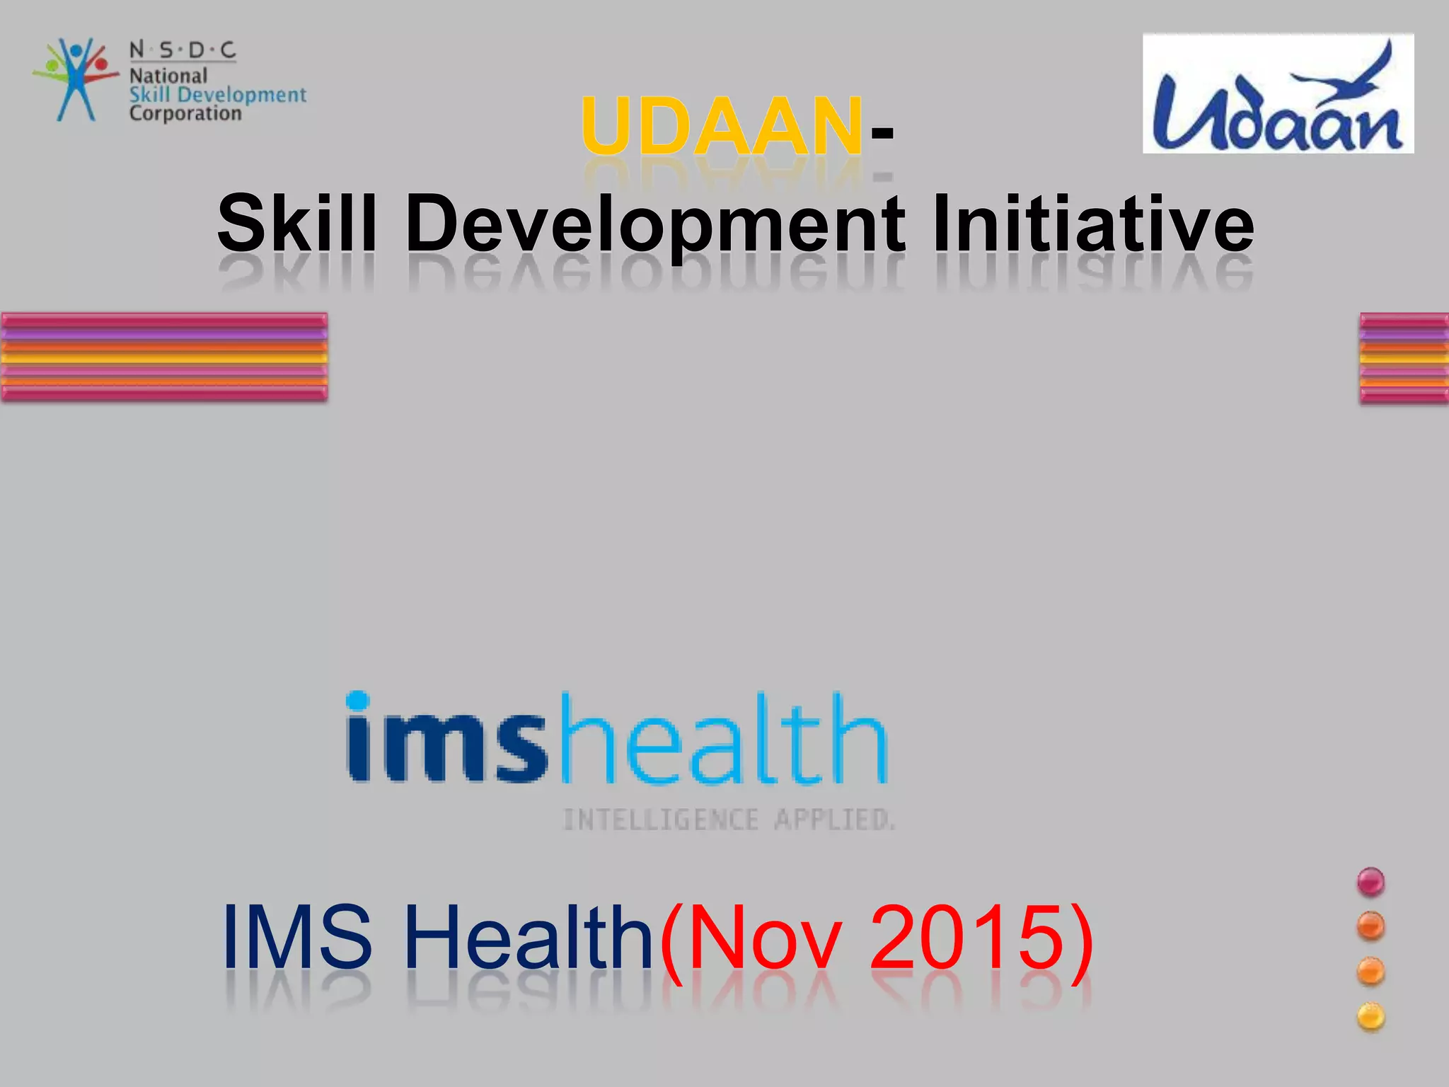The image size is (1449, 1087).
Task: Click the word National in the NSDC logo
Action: tap(168, 76)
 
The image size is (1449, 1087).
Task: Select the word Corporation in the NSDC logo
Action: tap(185, 113)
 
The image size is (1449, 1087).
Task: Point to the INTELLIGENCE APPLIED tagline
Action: tap(729, 820)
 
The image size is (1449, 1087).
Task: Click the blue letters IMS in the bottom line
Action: tap(297, 938)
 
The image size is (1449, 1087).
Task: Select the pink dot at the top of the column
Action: tap(1370, 882)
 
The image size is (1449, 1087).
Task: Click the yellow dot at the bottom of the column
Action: tap(1370, 1018)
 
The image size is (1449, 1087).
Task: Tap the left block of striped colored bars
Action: tap(164, 357)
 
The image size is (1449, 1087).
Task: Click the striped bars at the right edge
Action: tap(1404, 359)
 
